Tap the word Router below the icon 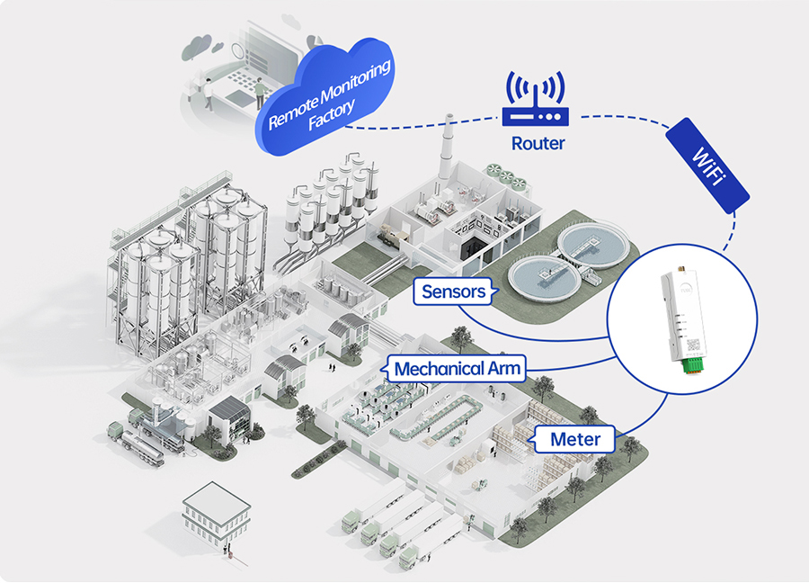538,143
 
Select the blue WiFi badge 707,164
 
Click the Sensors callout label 454,291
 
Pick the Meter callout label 574,440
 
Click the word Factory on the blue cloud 331,116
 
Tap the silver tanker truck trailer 145,445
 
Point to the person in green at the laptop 260,93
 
